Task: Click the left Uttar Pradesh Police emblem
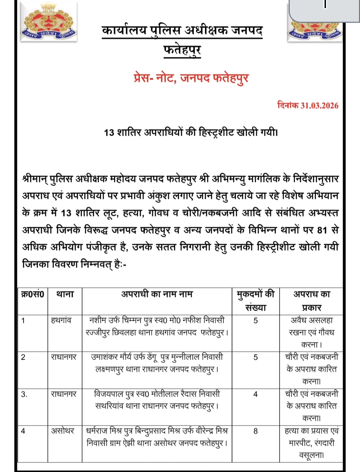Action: point(49,23)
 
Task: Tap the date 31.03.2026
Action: point(319,106)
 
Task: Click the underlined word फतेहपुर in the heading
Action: point(182,50)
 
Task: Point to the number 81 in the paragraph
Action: point(322,230)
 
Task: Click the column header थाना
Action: point(65,294)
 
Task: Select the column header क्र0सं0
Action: point(32,294)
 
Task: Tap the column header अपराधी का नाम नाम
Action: point(157,294)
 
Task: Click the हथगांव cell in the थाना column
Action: point(61,321)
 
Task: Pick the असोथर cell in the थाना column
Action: point(62,431)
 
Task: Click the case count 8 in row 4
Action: point(255,431)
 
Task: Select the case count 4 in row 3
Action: point(255,394)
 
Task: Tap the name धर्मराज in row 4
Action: point(97,431)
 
